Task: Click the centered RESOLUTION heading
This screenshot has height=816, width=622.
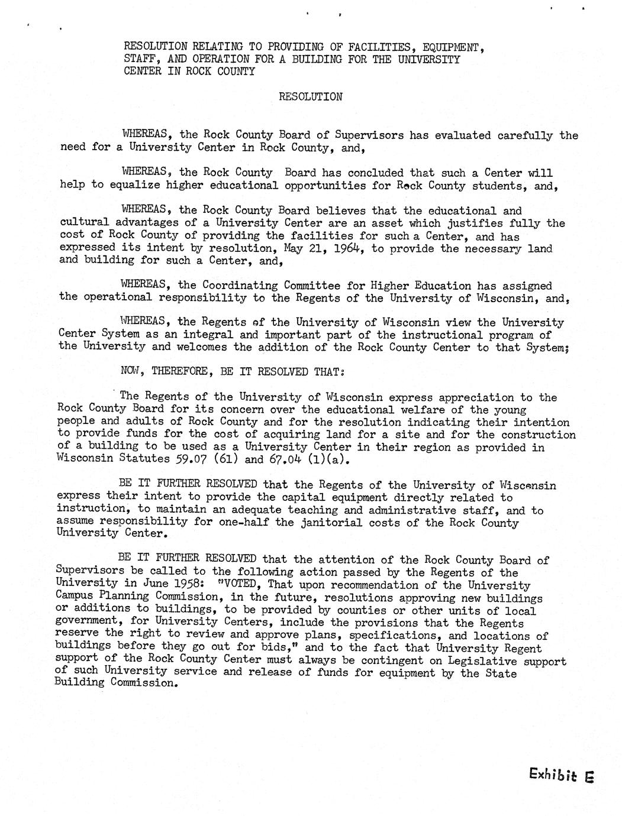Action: tap(311, 97)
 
